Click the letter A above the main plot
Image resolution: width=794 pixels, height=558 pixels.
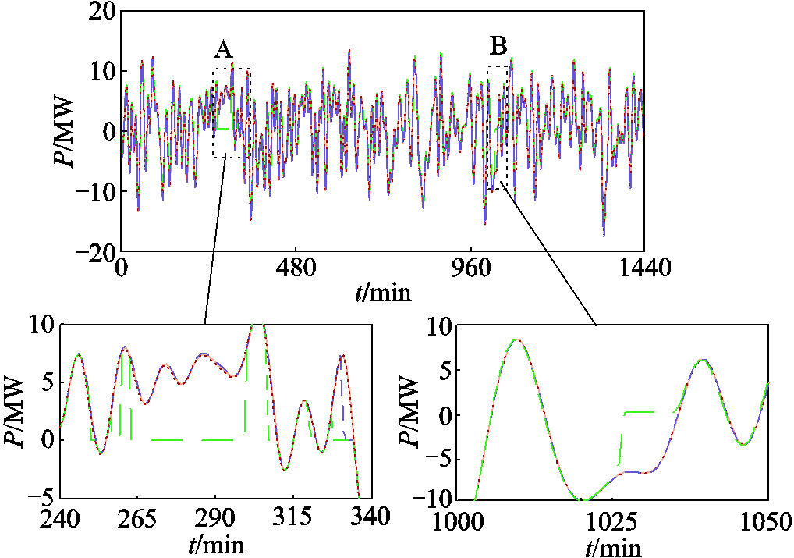223,50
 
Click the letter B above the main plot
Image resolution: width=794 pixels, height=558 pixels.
498,46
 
